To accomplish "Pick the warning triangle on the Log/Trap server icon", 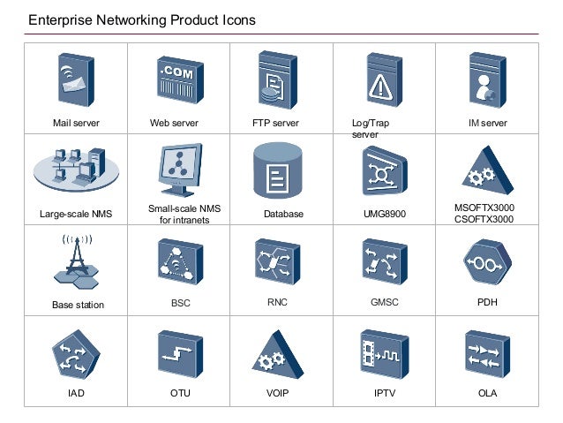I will point(381,85).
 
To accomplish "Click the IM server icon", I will point(485,82).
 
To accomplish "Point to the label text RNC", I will point(277,302).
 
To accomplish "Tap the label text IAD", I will point(77,392).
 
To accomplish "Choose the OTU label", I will point(180,392).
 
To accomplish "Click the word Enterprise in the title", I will point(58,19).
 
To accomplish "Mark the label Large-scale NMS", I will point(76,214).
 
